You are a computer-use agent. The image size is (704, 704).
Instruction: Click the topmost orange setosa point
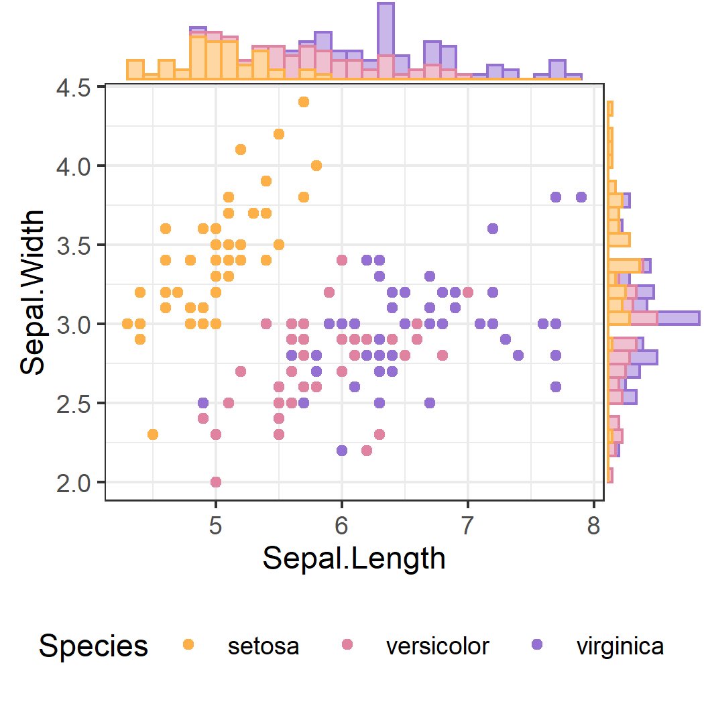(x=304, y=102)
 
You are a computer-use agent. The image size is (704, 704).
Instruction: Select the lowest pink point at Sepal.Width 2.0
(x=216, y=481)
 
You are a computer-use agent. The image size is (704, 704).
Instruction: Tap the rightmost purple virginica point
(x=581, y=197)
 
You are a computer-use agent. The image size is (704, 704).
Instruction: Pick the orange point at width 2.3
(x=153, y=434)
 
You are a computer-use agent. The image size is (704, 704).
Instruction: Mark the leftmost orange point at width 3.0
(x=127, y=324)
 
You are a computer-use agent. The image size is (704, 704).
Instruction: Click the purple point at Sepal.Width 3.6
(x=493, y=229)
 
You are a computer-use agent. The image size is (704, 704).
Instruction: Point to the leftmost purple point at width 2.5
(x=203, y=403)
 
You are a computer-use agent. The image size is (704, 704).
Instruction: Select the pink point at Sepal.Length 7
(x=468, y=292)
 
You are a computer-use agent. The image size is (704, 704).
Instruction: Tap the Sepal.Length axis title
(x=354, y=558)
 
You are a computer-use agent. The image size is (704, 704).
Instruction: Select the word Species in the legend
(x=93, y=646)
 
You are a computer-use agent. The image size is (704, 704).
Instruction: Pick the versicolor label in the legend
(x=437, y=646)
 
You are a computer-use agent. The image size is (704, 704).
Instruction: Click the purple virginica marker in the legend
(x=536, y=644)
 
